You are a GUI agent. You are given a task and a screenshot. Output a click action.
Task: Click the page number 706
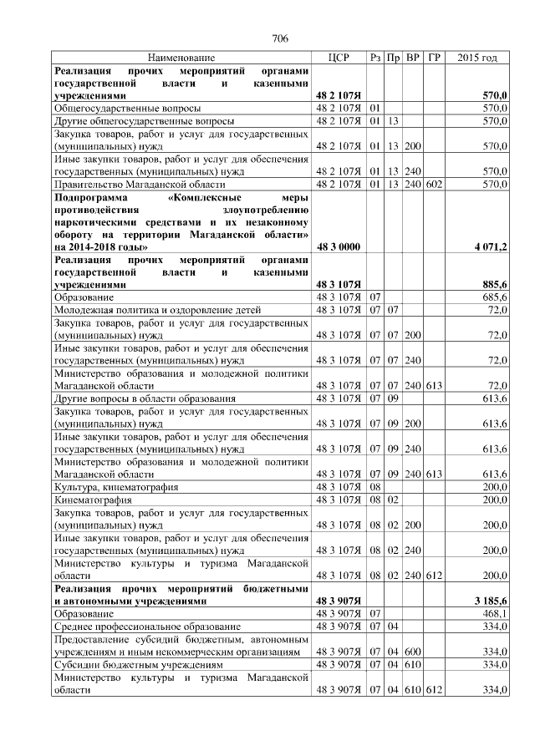click(x=280, y=38)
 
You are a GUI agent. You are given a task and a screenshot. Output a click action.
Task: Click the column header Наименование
click(x=181, y=58)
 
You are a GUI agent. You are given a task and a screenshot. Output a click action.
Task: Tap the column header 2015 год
click(x=477, y=58)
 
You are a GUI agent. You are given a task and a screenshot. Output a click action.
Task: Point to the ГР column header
click(x=433, y=58)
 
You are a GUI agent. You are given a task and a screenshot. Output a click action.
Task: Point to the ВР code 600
click(x=412, y=651)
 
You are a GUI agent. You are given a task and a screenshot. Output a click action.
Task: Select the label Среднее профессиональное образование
click(x=147, y=626)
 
